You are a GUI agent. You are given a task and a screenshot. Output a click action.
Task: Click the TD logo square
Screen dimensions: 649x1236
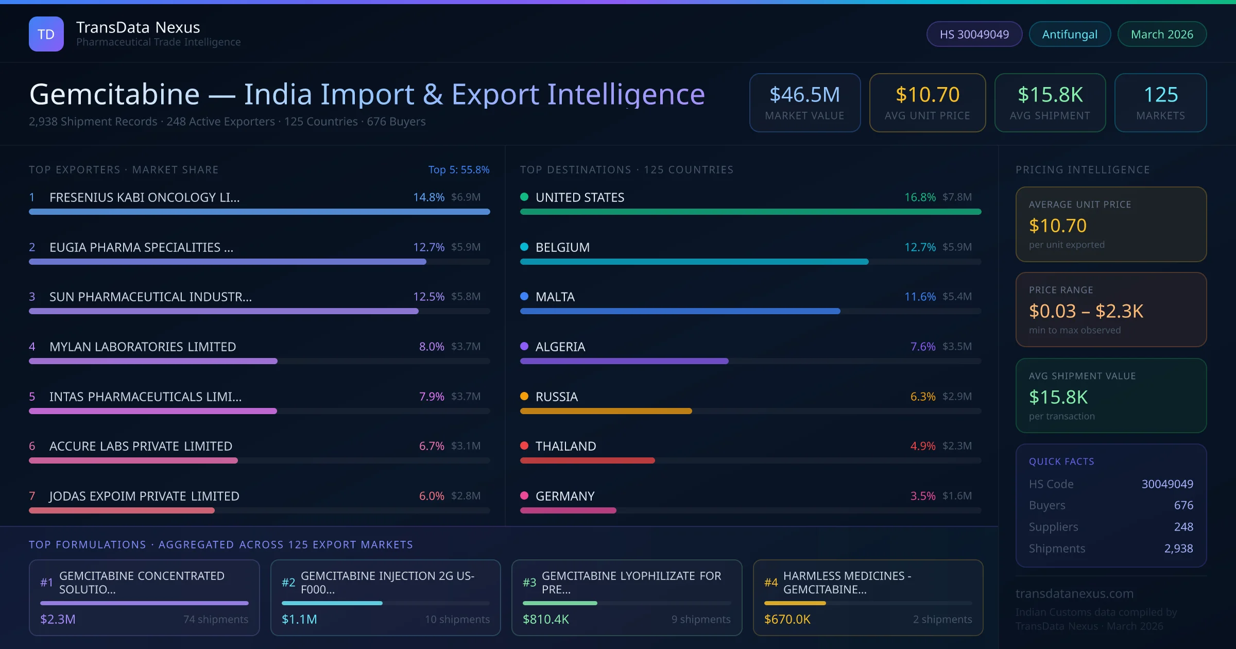[x=46, y=34]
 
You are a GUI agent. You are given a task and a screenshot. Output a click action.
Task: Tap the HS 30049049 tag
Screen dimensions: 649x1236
[x=974, y=35]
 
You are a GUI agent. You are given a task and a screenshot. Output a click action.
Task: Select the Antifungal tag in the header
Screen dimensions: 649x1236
[x=1070, y=35]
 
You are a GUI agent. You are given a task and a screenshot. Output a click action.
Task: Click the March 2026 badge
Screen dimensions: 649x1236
[x=1162, y=35]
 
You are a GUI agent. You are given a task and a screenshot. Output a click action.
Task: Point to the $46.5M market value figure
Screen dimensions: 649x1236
[x=804, y=95]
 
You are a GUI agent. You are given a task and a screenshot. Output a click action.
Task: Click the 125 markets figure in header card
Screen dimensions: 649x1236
[x=1160, y=95]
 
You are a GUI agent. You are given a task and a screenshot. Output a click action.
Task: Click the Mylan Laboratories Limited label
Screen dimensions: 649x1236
[x=143, y=347]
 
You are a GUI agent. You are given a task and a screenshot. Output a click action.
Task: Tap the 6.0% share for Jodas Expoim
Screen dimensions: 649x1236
[x=431, y=496]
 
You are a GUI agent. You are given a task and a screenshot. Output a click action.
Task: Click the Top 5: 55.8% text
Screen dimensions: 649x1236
[x=458, y=170]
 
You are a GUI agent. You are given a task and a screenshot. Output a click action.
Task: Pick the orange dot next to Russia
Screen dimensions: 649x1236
[x=524, y=396]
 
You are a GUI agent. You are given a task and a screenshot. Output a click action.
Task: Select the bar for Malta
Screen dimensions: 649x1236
[x=680, y=311]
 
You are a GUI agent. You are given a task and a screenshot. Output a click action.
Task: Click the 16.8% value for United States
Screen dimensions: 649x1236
[x=920, y=197]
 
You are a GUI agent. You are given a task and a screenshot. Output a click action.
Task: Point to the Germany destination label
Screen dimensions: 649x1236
[x=565, y=496]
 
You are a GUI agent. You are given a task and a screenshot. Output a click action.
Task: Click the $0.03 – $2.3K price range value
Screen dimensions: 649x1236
[x=1086, y=311]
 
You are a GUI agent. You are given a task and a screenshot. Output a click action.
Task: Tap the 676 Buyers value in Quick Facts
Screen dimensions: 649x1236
[x=1183, y=505]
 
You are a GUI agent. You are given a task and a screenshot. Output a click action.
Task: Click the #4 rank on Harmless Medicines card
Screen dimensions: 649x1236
[x=771, y=583]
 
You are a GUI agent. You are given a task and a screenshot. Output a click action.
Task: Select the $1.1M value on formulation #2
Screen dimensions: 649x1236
[x=299, y=619]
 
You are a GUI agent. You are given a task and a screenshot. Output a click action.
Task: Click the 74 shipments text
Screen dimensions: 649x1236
[x=215, y=619]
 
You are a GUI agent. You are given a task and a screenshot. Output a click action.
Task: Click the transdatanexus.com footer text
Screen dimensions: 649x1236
[x=1074, y=593]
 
